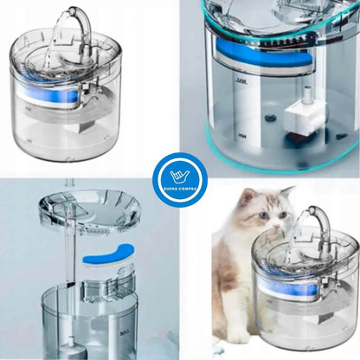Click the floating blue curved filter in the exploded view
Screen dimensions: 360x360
106,255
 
